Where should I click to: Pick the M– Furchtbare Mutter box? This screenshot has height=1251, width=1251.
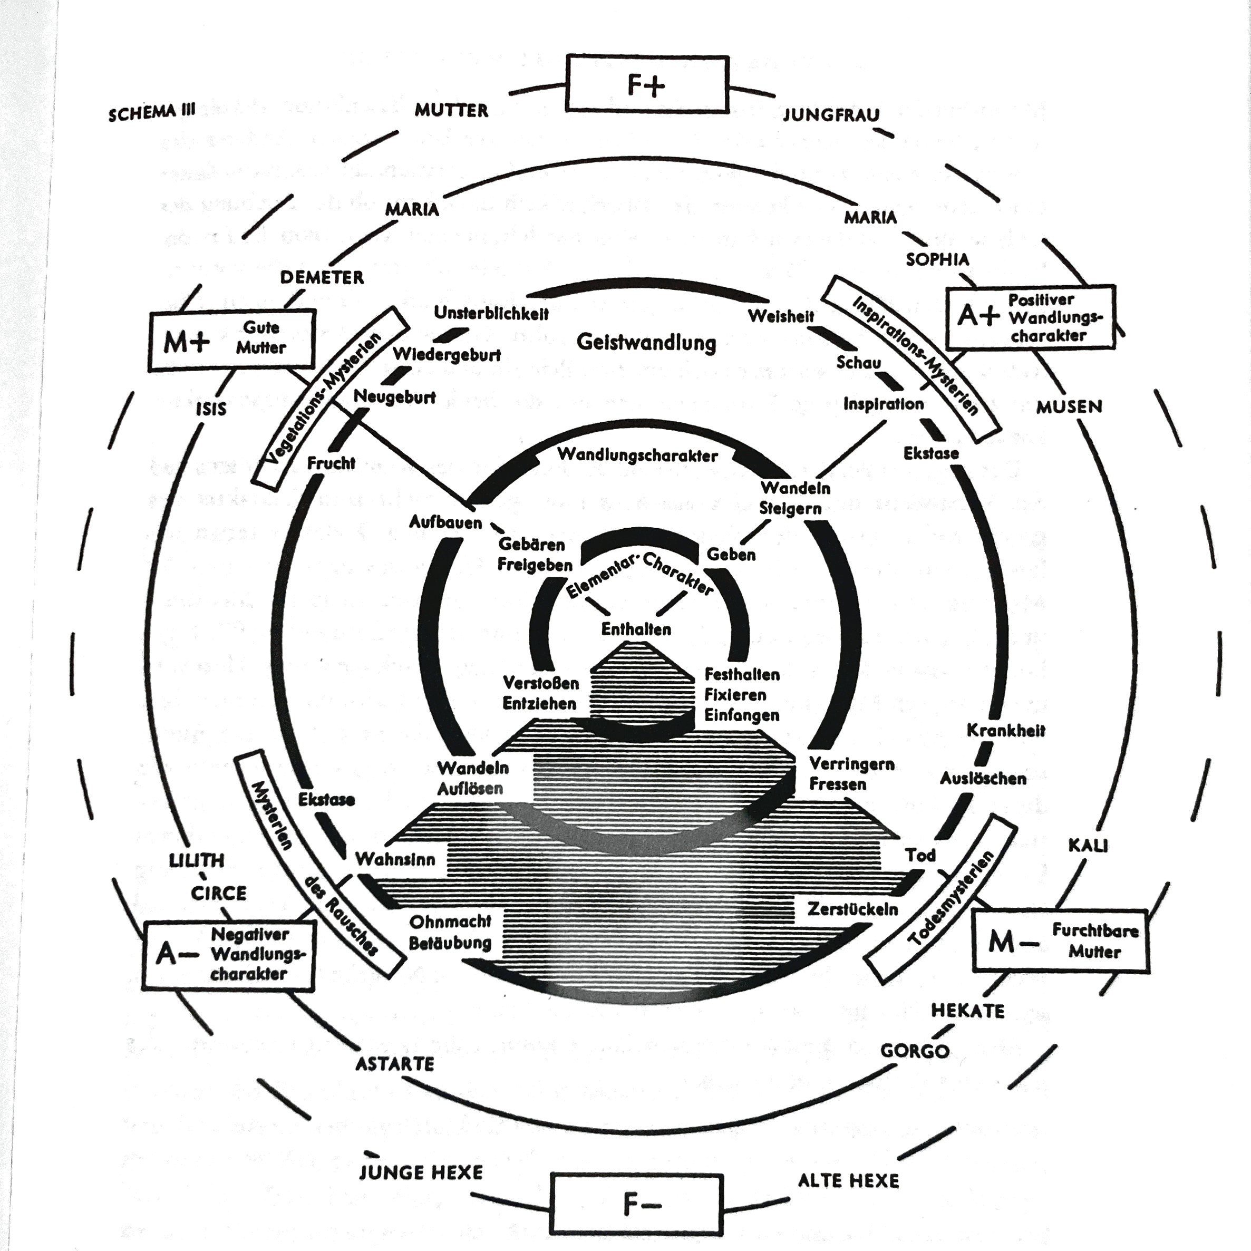pos(1060,941)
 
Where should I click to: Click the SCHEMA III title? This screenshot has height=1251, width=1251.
pos(151,113)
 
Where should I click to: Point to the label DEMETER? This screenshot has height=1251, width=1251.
pos(322,278)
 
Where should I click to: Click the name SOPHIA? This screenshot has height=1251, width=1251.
pos(937,260)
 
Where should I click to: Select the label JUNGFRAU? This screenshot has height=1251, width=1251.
pos(831,115)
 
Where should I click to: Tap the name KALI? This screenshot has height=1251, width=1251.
pos(1088,846)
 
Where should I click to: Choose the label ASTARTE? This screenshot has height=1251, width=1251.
pos(395,1064)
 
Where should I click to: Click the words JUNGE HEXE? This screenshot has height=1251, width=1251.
pos(421,1172)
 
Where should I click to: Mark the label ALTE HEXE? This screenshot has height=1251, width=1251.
pos(848,1180)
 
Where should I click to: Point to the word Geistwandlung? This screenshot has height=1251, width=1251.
pos(646,342)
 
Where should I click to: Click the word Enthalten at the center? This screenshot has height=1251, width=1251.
pos(636,629)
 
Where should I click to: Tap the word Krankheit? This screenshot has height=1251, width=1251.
pos(1005,730)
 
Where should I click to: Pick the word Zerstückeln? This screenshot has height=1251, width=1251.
pos(852,909)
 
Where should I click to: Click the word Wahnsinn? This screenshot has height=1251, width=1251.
pos(395,860)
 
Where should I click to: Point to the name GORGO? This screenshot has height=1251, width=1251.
pos(914,1051)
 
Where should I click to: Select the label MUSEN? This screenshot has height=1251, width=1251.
pos(1069,406)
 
